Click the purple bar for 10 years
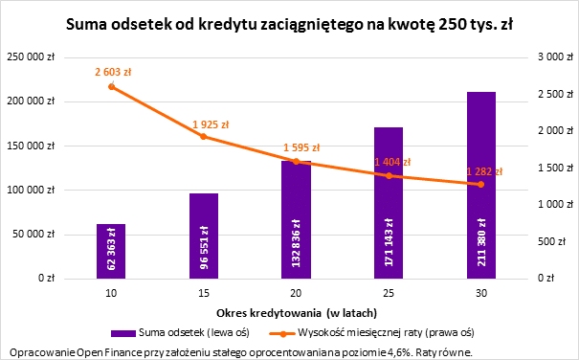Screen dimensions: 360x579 (111, 251)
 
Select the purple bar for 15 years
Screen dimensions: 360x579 (203, 236)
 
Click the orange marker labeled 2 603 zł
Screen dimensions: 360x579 (111, 86)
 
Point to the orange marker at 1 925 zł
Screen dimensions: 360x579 (203, 137)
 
